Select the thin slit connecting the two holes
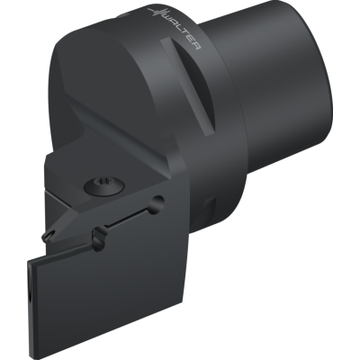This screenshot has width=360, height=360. pos(129,218)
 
